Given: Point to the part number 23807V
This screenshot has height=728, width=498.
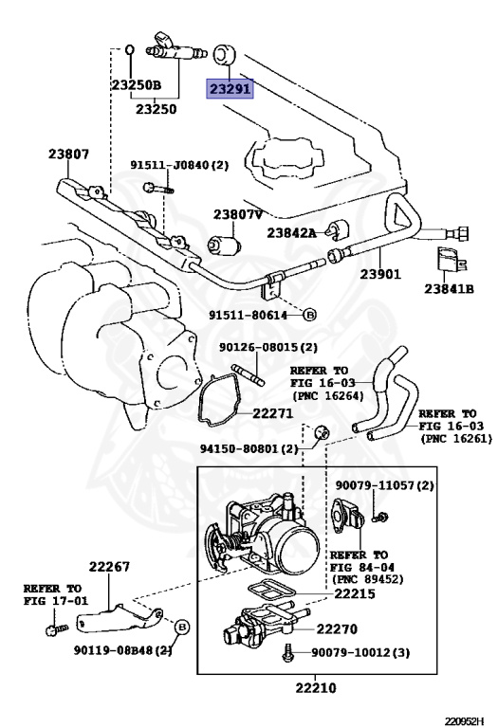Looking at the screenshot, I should (236, 214).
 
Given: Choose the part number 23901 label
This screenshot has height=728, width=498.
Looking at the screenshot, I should (380, 274).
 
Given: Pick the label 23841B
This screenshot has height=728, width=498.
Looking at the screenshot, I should (449, 288).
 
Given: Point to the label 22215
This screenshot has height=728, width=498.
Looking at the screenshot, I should (356, 594).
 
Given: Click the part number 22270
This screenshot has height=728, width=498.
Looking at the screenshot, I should (337, 628).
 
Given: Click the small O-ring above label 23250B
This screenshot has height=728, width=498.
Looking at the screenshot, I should (130, 46).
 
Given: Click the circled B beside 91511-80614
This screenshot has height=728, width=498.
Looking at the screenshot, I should (309, 312).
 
